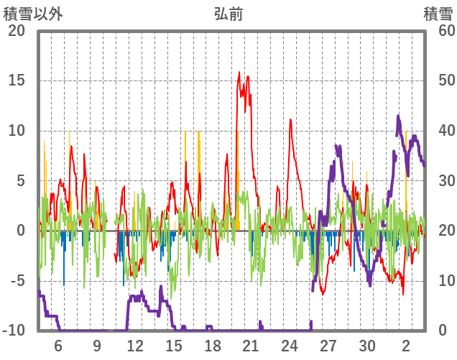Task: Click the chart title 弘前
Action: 228,14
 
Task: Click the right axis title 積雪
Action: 438,14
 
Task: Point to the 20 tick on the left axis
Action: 16,31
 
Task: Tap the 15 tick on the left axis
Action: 16,80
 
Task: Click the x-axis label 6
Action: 58,346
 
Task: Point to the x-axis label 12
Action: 135,346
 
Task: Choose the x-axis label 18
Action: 213,346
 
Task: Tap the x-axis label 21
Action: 251,346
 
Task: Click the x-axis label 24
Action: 290,346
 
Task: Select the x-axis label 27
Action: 328,346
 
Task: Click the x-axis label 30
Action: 367,346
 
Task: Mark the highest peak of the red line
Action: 240,72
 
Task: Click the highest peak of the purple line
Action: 398,116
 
